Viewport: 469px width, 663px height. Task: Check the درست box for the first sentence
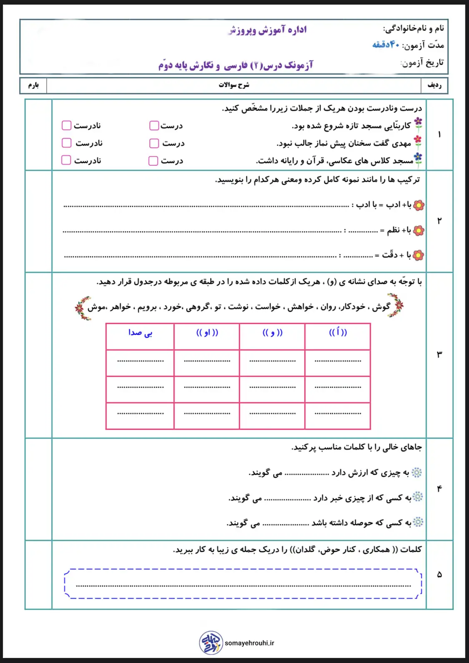tap(154, 125)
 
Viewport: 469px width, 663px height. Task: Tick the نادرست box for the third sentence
tap(66, 160)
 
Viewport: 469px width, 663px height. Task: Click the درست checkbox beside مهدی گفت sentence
tap(154, 143)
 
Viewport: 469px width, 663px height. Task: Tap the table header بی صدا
tap(140, 333)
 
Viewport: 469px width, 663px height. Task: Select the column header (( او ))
tap(207, 333)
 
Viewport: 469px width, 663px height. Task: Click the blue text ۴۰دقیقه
tap(386, 45)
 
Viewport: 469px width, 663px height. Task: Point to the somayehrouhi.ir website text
tap(249, 643)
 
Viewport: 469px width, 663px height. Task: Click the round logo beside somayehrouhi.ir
tap(211, 643)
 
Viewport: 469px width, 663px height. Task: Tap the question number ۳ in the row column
tap(439, 355)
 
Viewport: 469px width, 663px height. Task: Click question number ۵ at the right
tap(439, 575)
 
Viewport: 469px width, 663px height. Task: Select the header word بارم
tap(33, 85)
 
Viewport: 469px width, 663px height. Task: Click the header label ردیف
tap(434, 85)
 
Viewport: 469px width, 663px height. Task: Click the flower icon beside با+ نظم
tap(419, 230)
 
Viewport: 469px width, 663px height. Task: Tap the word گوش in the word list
tap(381, 307)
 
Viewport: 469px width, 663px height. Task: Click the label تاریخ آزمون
tap(422, 63)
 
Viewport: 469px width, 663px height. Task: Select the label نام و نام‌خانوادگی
tap(414, 28)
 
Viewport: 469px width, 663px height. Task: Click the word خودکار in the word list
tap(352, 307)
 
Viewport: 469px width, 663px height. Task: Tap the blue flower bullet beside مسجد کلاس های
tap(418, 159)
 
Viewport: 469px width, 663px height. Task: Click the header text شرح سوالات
tap(234, 85)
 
